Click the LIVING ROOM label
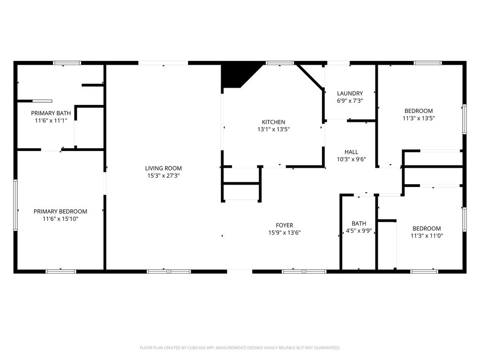point(163,168)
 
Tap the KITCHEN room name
point(273,122)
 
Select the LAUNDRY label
point(350,93)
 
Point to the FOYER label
point(285,225)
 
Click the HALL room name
point(351,152)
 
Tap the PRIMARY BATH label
point(51,113)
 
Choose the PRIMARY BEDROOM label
point(60,211)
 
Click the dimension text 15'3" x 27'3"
point(163,176)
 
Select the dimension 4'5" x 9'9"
point(359,231)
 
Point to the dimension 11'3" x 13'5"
point(419,118)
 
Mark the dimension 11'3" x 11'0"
point(427,236)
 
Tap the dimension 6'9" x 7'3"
point(350,101)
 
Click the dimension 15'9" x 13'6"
point(285,232)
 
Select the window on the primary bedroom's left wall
point(15,205)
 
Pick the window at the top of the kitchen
point(280,63)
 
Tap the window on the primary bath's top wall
point(67,63)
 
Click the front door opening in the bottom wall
point(240,271)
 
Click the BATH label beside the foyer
point(359,224)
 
